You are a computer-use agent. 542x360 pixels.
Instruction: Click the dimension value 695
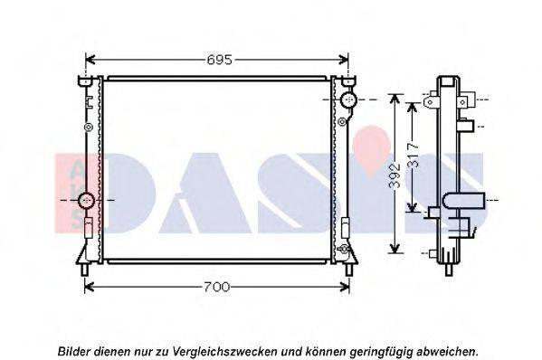pyautogui.click(x=219, y=60)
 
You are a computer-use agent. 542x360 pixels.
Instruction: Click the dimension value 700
pyautogui.click(x=216, y=287)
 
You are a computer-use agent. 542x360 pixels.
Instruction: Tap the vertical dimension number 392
pyautogui.click(x=395, y=175)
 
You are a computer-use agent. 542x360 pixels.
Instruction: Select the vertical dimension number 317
pyautogui.click(x=413, y=155)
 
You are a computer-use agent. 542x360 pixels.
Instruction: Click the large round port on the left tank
pyautogui.click(x=86, y=200)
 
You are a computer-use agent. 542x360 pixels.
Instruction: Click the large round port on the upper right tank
pyautogui.click(x=348, y=99)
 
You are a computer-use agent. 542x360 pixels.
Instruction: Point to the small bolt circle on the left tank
pyautogui.click(x=89, y=128)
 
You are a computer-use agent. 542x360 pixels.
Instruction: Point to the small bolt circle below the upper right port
pyautogui.click(x=342, y=121)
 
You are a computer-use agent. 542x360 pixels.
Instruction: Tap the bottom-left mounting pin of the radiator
pyautogui.click(x=85, y=270)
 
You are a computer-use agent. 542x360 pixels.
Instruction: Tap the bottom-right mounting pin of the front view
pyautogui.click(x=349, y=270)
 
